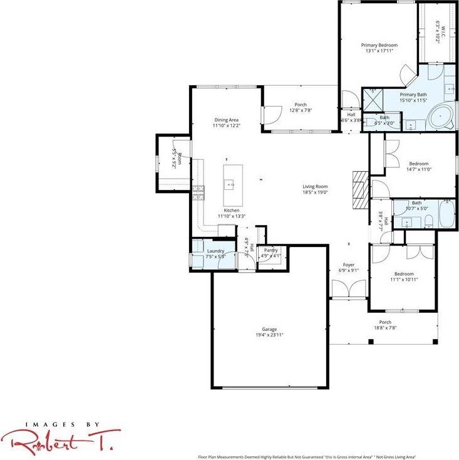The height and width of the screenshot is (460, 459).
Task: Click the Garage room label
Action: pyautogui.click(x=269, y=330)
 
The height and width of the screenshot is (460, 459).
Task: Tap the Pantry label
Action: pyautogui.click(x=271, y=250)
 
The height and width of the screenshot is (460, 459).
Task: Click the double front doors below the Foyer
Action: pyautogui.click(x=348, y=289)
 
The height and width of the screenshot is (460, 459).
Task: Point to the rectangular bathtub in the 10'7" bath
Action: pyautogui.click(x=446, y=214)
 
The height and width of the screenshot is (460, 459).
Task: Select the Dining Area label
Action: pyautogui.click(x=226, y=120)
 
